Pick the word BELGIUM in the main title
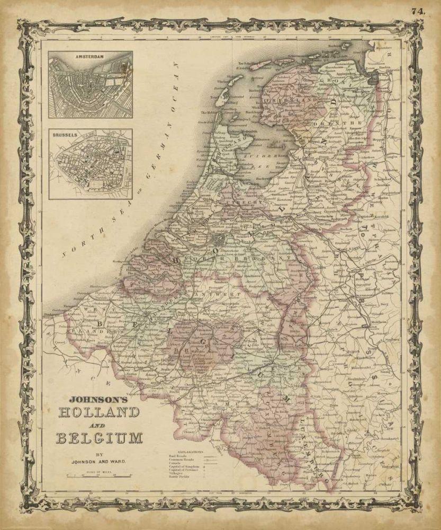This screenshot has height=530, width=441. pyautogui.click(x=100, y=437)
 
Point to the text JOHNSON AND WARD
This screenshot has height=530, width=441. pyautogui.click(x=100, y=461)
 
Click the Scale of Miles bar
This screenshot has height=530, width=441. pyautogui.click(x=99, y=476)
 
